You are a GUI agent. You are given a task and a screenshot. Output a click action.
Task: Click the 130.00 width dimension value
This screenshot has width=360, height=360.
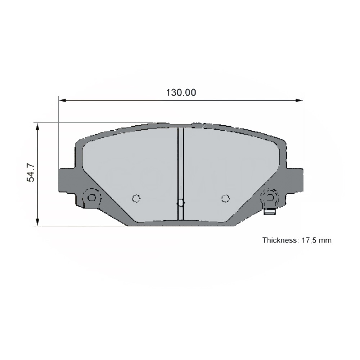(x=181, y=93)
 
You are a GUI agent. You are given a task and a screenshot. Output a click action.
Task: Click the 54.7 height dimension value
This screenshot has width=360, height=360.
(x=31, y=173)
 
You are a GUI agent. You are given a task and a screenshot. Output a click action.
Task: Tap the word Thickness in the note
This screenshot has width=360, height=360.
(x=280, y=240)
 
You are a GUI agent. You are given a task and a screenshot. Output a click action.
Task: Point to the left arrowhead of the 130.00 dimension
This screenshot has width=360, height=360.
(x=62, y=100)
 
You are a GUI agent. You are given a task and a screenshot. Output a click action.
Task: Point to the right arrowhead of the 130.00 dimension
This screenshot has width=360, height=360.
(x=299, y=100)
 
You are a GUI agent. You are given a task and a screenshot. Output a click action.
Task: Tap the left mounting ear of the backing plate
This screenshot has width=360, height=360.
(x=67, y=180)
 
